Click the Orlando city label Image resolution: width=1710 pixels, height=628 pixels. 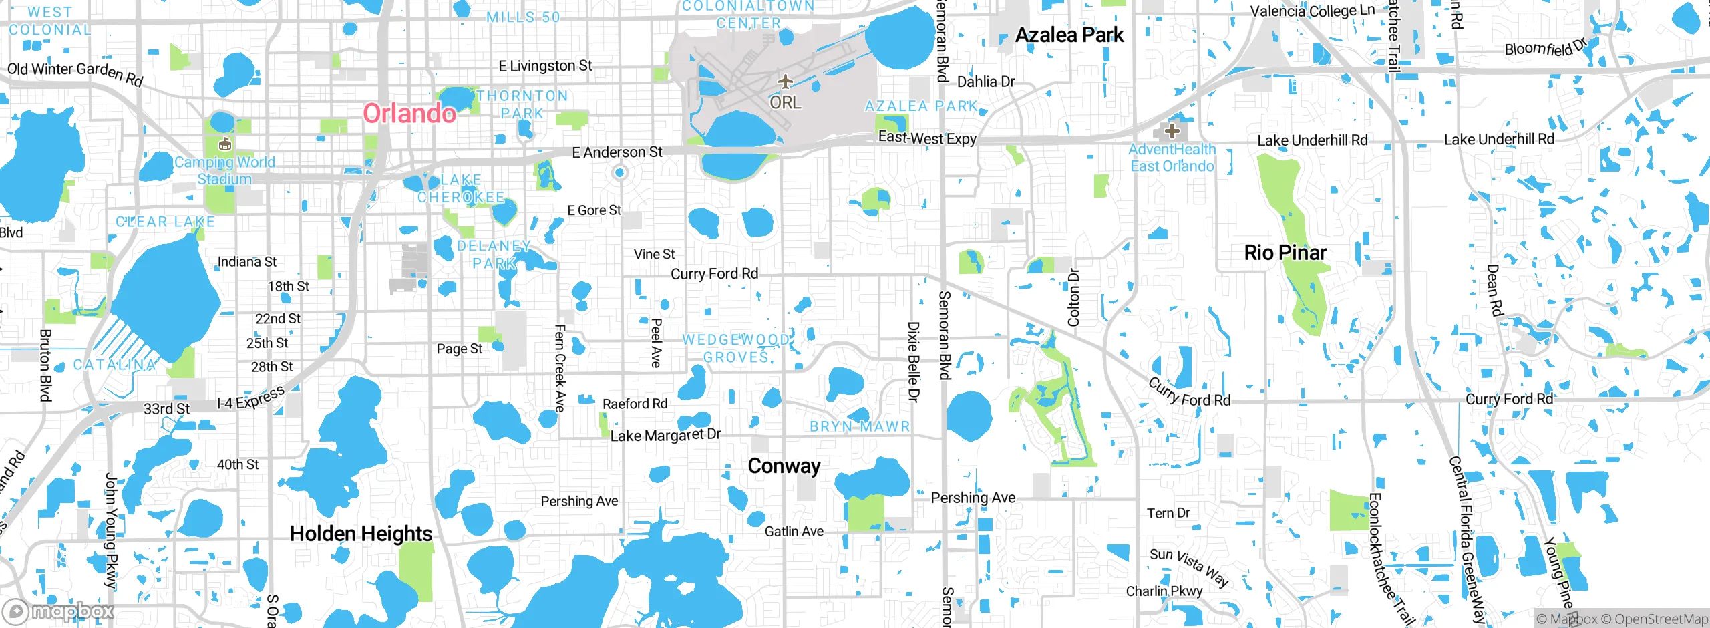(x=409, y=113)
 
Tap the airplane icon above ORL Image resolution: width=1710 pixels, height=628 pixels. (x=785, y=82)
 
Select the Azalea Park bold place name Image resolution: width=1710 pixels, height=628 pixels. (x=1069, y=35)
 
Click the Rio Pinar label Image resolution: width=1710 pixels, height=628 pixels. (x=1285, y=253)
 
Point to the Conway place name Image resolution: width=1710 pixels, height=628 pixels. (x=784, y=466)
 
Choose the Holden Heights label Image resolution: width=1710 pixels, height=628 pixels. (x=361, y=534)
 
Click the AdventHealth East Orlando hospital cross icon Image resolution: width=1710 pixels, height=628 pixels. (x=1172, y=131)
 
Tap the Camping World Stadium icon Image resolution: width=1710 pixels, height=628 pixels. (x=225, y=144)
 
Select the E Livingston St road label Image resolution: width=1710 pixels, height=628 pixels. (x=545, y=66)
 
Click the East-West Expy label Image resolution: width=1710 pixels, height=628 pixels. (x=926, y=138)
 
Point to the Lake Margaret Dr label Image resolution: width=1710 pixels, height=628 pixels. (x=665, y=435)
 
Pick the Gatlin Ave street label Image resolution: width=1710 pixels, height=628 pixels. (x=794, y=532)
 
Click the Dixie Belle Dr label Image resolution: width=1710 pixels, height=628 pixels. (x=913, y=361)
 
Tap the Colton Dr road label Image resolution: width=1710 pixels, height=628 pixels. (x=1073, y=297)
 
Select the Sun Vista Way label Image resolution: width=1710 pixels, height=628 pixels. (x=1189, y=567)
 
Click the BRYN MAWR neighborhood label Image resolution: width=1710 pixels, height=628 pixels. (x=860, y=426)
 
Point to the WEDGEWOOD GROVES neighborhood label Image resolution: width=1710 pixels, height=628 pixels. (x=736, y=348)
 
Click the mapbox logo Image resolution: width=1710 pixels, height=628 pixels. (x=58, y=611)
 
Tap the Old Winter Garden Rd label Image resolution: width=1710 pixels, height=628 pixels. (x=75, y=73)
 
